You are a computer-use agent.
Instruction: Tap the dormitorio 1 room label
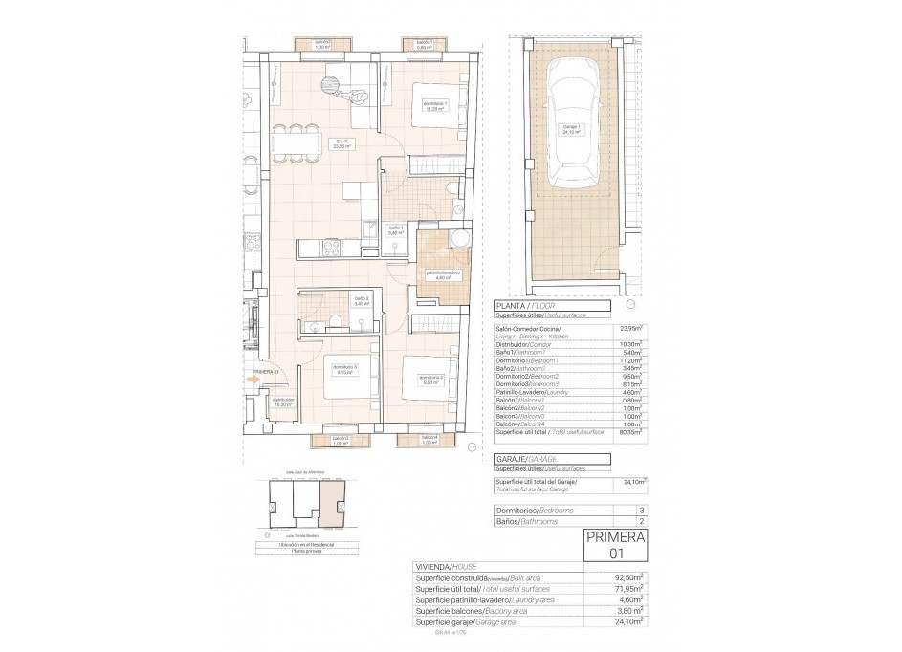[x=435, y=106]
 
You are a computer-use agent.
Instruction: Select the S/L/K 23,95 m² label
[x=340, y=145]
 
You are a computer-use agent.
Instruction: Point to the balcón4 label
[x=430, y=441]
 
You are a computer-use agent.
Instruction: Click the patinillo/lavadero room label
[x=444, y=275]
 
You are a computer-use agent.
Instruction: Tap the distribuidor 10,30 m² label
[x=282, y=402]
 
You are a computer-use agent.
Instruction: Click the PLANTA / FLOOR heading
[x=523, y=306]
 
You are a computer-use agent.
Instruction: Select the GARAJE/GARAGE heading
[x=525, y=459]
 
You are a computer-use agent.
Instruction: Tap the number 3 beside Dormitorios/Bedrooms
[x=641, y=511]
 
